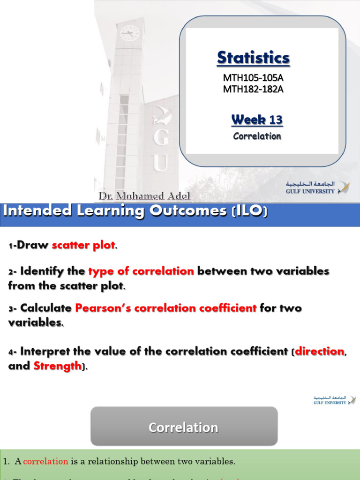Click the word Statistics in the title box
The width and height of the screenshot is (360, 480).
tap(253, 58)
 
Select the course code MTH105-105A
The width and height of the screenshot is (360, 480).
tap(253, 77)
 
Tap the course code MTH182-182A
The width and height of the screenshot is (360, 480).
tap(253, 89)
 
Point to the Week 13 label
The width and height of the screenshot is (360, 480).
tap(257, 120)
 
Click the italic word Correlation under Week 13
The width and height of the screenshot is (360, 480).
tap(257, 136)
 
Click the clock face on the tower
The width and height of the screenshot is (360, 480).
tap(129, 33)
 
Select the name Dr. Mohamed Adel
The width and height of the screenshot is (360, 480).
tap(144, 196)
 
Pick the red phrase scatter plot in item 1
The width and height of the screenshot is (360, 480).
tap(83, 245)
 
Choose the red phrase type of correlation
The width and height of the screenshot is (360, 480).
tap(141, 271)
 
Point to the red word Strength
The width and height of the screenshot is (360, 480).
tap(57, 366)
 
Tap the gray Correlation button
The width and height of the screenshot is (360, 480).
tap(183, 427)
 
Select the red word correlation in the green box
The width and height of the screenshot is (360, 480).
tap(45, 461)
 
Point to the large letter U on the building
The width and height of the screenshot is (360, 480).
tap(160, 164)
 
